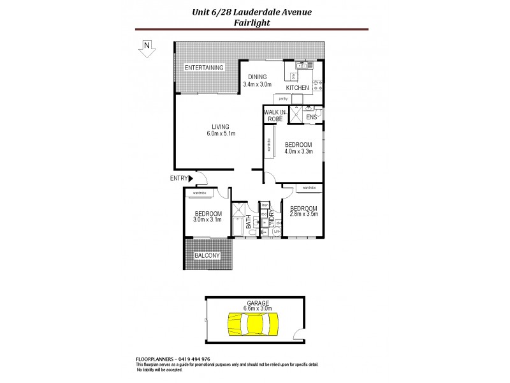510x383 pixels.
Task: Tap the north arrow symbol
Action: [x=147, y=49]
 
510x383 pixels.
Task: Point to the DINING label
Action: [x=258, y=77]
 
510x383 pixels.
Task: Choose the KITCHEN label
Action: [x=297, y=87]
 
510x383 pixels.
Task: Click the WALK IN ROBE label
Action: [x=275, y=116]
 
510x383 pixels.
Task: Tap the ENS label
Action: [x=312, y=117]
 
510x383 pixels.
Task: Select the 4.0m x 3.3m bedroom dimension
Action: [x=298, y=152]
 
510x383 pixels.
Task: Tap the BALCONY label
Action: [x=207, y=256]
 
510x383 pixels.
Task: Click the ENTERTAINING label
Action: [x=204, y=68]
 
